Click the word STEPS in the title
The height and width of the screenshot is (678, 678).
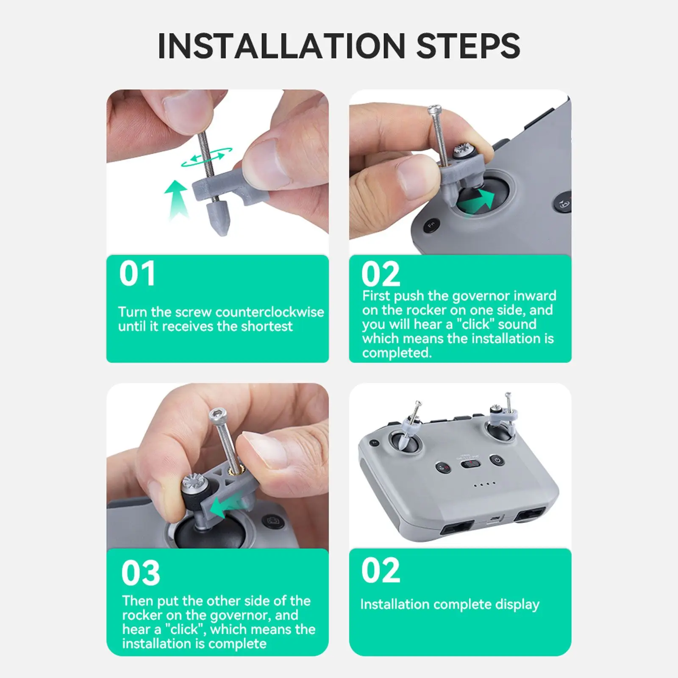pyautogui.click(x=468, y=46)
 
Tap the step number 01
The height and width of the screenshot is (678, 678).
pyautogui.click(x=137, y=274)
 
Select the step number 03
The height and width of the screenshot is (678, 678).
pyautogui.click(x=141, y=573)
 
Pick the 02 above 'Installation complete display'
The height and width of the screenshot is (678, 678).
pyautogui.click(x=381, y=570)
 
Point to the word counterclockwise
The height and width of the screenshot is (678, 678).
pyautogui.click(x=270, y=312)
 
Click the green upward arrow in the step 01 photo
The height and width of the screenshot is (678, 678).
pyautogui.click(x=176, y=199)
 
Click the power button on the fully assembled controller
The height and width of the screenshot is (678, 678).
pyautogui.click(x=496, y=460)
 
